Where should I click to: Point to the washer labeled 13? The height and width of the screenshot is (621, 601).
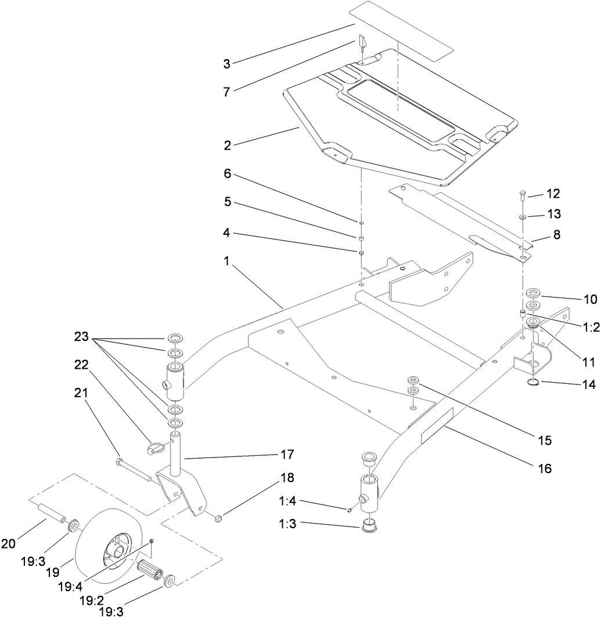point(523,217)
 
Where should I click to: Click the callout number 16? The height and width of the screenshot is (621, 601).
point(544,467)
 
